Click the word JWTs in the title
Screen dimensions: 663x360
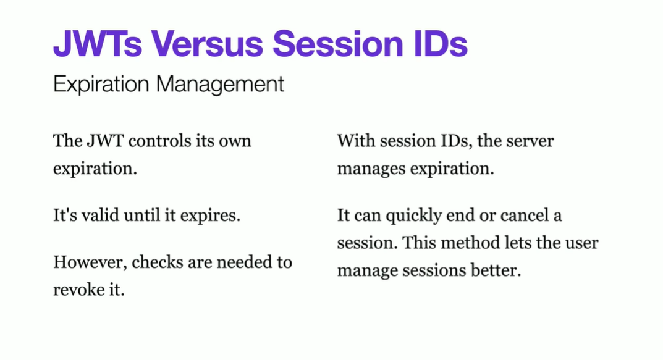(98, 43)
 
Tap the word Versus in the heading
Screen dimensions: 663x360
(207, 43)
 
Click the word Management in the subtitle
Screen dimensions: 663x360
(220, 84)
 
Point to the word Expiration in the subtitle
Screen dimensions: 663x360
(101, 84)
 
